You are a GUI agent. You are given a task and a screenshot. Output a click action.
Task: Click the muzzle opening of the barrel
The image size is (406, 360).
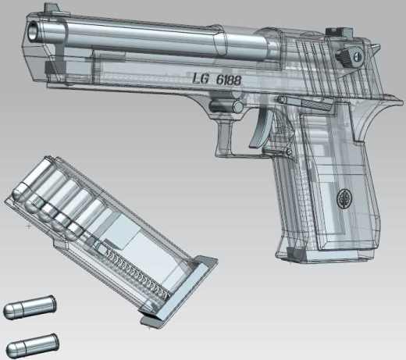tap(34, 30)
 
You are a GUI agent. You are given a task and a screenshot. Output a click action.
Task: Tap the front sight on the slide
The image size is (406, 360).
tap(52, 7)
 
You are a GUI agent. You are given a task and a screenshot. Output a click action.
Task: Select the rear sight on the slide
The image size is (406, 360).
tap(339, 31)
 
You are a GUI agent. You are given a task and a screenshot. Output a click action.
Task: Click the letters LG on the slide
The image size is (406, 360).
tap(201, 78)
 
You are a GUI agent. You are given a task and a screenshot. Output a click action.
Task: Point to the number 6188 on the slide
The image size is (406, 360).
tap(228, 80)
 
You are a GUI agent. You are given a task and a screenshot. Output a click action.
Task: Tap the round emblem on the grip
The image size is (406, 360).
tap(344, 198)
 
